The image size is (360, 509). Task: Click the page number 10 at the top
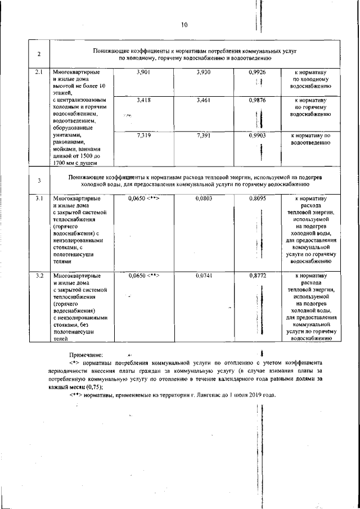[x=185, y=24]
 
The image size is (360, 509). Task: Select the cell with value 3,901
[x=144, y=73]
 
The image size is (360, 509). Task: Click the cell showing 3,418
[x=144, y=100]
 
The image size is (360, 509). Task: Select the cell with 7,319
[x=144, y=136]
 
